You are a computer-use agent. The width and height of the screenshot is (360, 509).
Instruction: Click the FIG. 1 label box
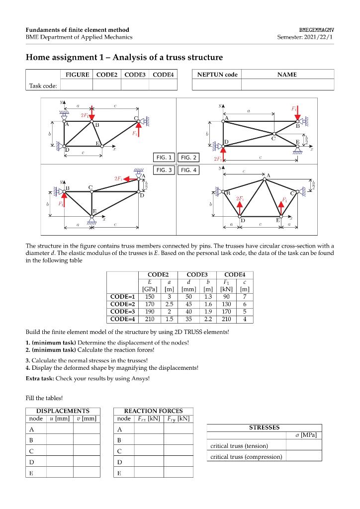coord(164,158)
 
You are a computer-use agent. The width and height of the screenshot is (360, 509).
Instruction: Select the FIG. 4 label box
coord(188,170)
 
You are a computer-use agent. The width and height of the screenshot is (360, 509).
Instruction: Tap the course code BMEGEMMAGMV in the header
coord(317,30)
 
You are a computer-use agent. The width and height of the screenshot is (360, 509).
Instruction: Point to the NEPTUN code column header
coord(217,75)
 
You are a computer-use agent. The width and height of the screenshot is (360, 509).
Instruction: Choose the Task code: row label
coord(43,85)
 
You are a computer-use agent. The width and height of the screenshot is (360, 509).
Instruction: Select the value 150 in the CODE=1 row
coord(149,296)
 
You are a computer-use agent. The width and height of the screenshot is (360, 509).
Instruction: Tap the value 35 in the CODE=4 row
coord(188,319)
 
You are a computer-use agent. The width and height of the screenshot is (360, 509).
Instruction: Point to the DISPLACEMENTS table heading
coord(63,411)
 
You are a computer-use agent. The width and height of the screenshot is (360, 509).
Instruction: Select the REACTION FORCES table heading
coord(153,411)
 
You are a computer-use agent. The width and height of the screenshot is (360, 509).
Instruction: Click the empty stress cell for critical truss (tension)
coord(304,446)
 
